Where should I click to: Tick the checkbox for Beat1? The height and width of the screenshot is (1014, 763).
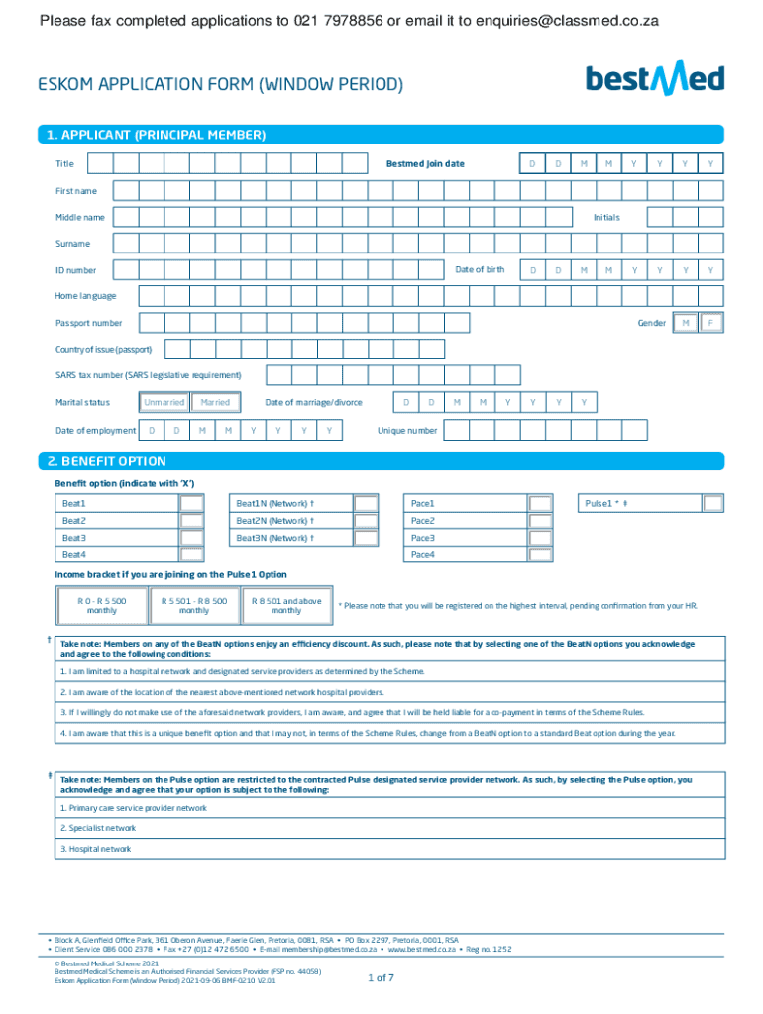coord(192,504)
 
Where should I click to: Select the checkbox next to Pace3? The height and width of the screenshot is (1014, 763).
coord(540,538)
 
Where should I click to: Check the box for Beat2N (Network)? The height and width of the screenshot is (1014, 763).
coord(366,521)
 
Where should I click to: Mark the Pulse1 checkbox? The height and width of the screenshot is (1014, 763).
coord(712,504)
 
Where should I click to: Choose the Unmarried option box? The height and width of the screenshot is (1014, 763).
coord(163,402)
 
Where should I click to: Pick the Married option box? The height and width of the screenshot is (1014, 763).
coord(215,402)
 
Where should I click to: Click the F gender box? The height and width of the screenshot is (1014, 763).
coord(710,323)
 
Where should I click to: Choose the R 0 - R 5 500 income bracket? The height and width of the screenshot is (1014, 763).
coord(102,606)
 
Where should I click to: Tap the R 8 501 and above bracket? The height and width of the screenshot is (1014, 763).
coord(286,606)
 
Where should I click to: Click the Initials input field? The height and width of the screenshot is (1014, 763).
coord(686,217)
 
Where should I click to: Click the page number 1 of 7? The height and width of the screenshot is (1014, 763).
coord(381,978)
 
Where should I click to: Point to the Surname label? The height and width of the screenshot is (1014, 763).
coord(72,244)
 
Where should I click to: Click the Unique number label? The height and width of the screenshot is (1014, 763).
coord(407,431)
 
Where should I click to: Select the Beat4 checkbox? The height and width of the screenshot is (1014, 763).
coord(192,555)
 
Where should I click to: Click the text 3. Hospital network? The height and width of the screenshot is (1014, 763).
coord(95,849)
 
